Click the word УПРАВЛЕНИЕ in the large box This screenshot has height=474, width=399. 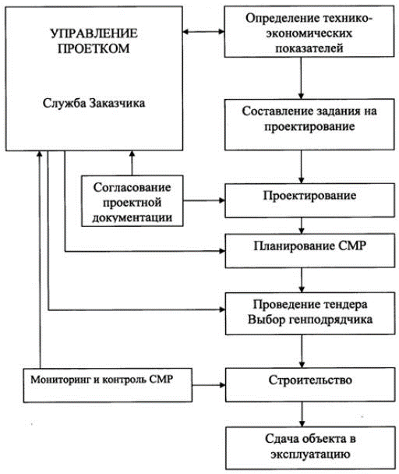(x=94, y=34)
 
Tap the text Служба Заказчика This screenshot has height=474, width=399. (x=94, y=104)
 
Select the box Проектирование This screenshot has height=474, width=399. (x=309, y=200)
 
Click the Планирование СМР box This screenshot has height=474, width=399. (x=310, y=250)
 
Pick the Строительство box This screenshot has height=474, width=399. (x=310, y=384)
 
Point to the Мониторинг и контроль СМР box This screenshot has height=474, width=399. (x=108, y=385)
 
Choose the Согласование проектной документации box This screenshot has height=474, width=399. (x=132, y=200)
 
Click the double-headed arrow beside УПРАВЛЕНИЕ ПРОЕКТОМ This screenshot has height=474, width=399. (x=203, y=31)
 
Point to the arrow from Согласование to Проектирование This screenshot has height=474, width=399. (x=204, y=200)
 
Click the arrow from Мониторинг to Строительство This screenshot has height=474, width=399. (x=209, y=385)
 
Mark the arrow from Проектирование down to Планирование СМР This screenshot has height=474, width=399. (x=302, y=225)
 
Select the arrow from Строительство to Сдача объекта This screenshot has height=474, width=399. (x=302, y=414)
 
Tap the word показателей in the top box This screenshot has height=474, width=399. (x=309, y=48)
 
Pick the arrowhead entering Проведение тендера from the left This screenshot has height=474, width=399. (x=222, y=310)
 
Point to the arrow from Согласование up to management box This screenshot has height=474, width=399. (x=132, y=163)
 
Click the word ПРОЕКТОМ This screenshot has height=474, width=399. (x=94, y=48)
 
